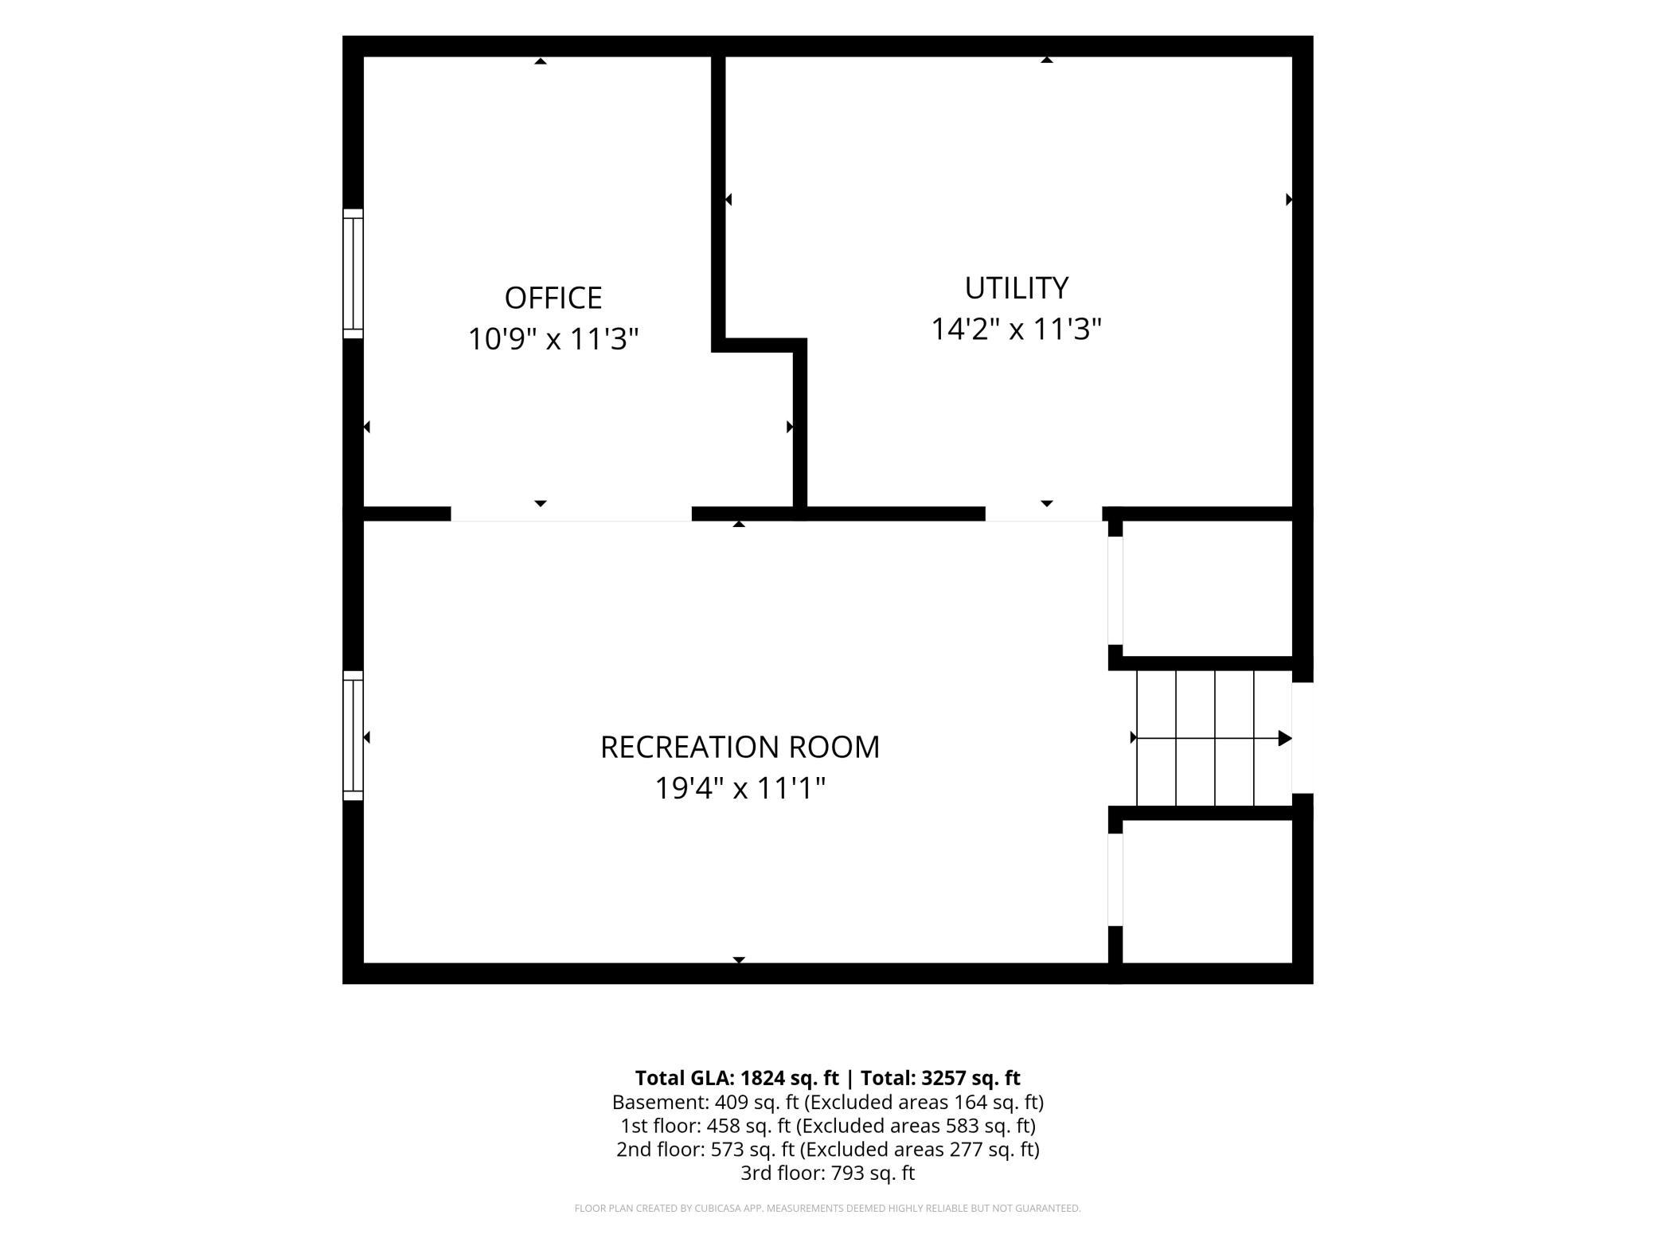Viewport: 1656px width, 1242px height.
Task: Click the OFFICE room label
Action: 553,298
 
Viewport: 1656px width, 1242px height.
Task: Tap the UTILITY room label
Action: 1016,288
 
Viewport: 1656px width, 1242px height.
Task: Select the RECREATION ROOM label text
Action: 740,747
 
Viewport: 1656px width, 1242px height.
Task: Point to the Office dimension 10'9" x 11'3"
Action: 553,338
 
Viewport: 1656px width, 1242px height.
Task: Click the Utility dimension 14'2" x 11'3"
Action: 1016,329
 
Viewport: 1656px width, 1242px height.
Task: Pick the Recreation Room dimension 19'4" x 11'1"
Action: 740,788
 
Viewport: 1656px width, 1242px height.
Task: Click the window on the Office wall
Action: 353,274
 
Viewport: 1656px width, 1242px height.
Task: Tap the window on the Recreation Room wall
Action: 353,736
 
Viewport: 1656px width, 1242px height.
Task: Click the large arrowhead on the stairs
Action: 1285,738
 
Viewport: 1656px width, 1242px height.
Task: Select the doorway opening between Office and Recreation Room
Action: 571,514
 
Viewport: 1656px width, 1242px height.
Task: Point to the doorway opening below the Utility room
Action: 1044,514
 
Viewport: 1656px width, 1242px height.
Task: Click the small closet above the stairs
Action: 1207,588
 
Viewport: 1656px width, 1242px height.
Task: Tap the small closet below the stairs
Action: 1207,891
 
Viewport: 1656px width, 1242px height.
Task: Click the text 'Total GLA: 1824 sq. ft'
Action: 736,1078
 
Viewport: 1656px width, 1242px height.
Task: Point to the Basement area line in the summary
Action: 828,1102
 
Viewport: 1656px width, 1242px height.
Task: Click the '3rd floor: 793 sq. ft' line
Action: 828,1173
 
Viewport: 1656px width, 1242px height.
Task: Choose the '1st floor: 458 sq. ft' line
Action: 828,1126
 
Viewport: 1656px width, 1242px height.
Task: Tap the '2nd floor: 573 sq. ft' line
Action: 828,1150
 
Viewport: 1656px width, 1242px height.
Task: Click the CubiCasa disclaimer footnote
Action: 828,1209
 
